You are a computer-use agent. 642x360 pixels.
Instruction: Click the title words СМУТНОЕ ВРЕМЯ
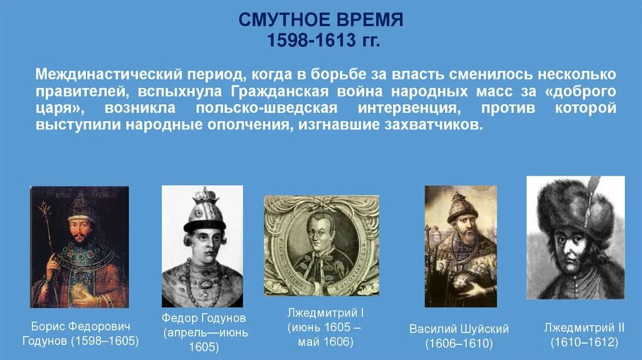(x=320, y=19)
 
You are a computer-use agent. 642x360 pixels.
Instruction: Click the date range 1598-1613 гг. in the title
(x=320, y=40)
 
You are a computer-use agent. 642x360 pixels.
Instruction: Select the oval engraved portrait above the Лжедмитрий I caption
(x=321, y=245)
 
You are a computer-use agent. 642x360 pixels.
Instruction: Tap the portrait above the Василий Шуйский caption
(x=460, y=246)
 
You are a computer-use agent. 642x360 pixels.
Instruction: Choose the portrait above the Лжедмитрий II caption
(x=575, y=238)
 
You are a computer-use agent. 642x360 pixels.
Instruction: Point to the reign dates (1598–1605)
(x=104, y=341)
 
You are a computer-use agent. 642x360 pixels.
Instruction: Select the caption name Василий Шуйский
(x=459, y=329)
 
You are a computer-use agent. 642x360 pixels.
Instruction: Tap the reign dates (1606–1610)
(x=459, y=344)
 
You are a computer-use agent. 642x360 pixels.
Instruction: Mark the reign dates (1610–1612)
(x=584, y=342)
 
